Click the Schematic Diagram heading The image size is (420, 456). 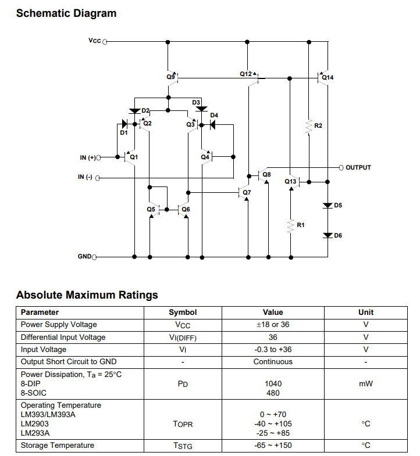click(x=66, y=13)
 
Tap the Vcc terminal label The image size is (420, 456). click(x=94, y=41)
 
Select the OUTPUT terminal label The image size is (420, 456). click(x=358, y=167)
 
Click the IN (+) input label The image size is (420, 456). click(x=87, y=157)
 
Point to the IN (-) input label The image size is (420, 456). click(x=85, y=177)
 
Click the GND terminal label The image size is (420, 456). click(x=84, y=256)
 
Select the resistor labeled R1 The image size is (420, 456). click(x=290, y=225)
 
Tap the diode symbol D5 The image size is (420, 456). click(x=328, y=206)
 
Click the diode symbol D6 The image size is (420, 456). click(x=328, y=235)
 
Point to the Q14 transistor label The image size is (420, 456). click(x=328, y=77)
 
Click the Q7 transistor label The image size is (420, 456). click(x=247, y=192)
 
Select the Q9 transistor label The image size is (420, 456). click(x=170, y=77)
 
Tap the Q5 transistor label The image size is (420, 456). click(x=151, y=209)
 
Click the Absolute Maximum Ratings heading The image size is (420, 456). click(x=87, y=295)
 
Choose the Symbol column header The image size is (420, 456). click(x=183, y=312)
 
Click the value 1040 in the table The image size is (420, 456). click(x=273, y=383)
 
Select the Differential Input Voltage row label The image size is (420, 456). click(x=63, y=337)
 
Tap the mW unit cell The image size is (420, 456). click(x=366, y=383)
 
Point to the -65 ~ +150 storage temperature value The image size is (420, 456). click(x=273, y=446)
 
